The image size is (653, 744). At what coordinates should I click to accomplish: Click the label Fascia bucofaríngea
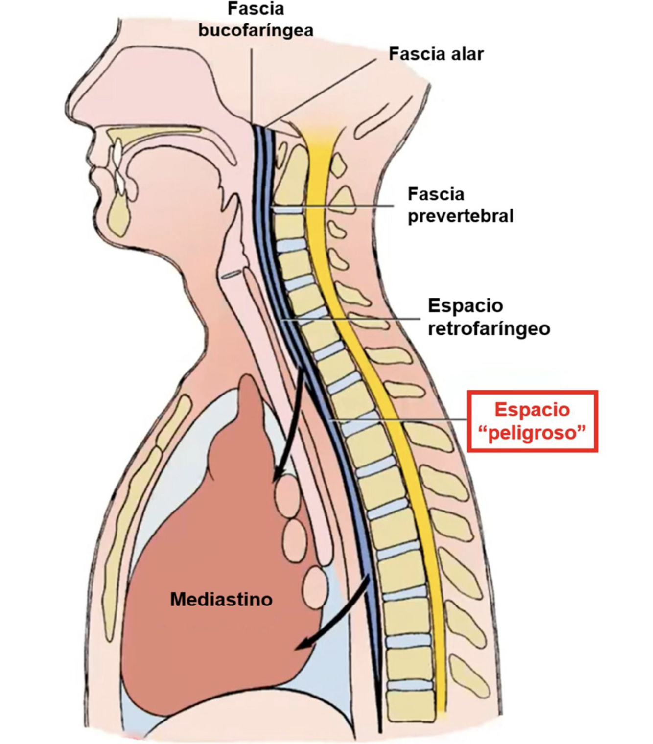[255, 20]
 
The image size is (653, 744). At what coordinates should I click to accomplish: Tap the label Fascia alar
[436, 54]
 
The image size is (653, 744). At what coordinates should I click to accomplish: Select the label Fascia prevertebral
[460, 205]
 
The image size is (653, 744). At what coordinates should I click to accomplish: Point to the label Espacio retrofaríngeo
[489, 317]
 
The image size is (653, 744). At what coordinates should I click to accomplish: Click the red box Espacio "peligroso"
[533, 421]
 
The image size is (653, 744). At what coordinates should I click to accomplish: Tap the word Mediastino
[221, 599]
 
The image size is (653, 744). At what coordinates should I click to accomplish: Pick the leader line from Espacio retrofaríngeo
[352, 319]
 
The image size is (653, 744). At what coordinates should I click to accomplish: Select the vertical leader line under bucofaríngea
[252, 83]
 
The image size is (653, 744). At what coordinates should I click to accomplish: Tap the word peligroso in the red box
[533, 433]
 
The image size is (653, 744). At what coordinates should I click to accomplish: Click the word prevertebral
[460, 216]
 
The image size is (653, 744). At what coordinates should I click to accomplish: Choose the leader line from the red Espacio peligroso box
[401, 419]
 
